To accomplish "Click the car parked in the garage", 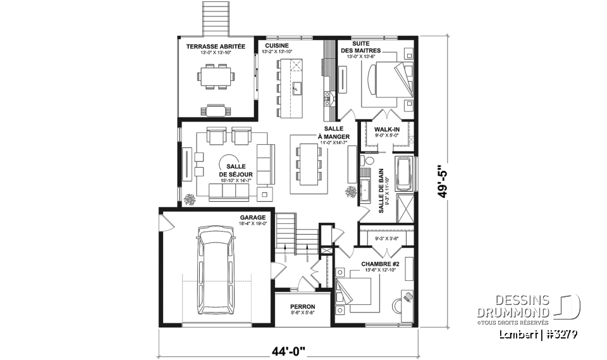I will (x=216, y=270).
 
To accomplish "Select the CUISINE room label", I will (x=277, y=46).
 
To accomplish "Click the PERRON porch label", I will (x=302, y=306).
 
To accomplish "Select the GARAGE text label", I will (x=252, y=217).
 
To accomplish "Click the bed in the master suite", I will (x=385, y=83).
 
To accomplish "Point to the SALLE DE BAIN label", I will (x=382, y=190).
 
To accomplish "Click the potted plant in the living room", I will (x=189, y=199).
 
